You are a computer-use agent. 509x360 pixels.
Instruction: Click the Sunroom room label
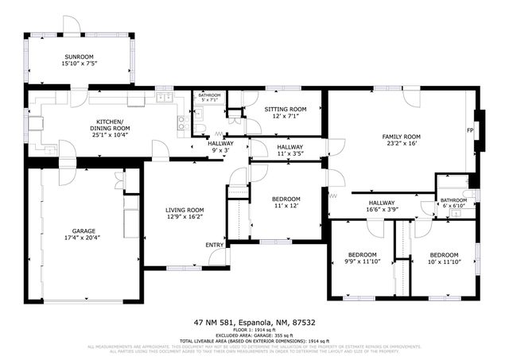pos(79,57)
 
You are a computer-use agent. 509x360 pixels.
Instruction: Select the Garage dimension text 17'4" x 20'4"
pos(84,237)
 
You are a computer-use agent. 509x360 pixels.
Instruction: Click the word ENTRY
pos(215,245)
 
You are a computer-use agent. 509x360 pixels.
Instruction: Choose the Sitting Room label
pos(285,109)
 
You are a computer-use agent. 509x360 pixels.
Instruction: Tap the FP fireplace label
pos(470,130)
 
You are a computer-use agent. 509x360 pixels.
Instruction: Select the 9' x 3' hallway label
pos(220,149)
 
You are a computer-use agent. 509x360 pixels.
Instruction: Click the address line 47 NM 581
pos(254,323)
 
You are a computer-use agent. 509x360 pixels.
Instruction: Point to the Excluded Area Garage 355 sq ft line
pos(254,336)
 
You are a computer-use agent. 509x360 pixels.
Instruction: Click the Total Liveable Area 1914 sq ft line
pos(254,341)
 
